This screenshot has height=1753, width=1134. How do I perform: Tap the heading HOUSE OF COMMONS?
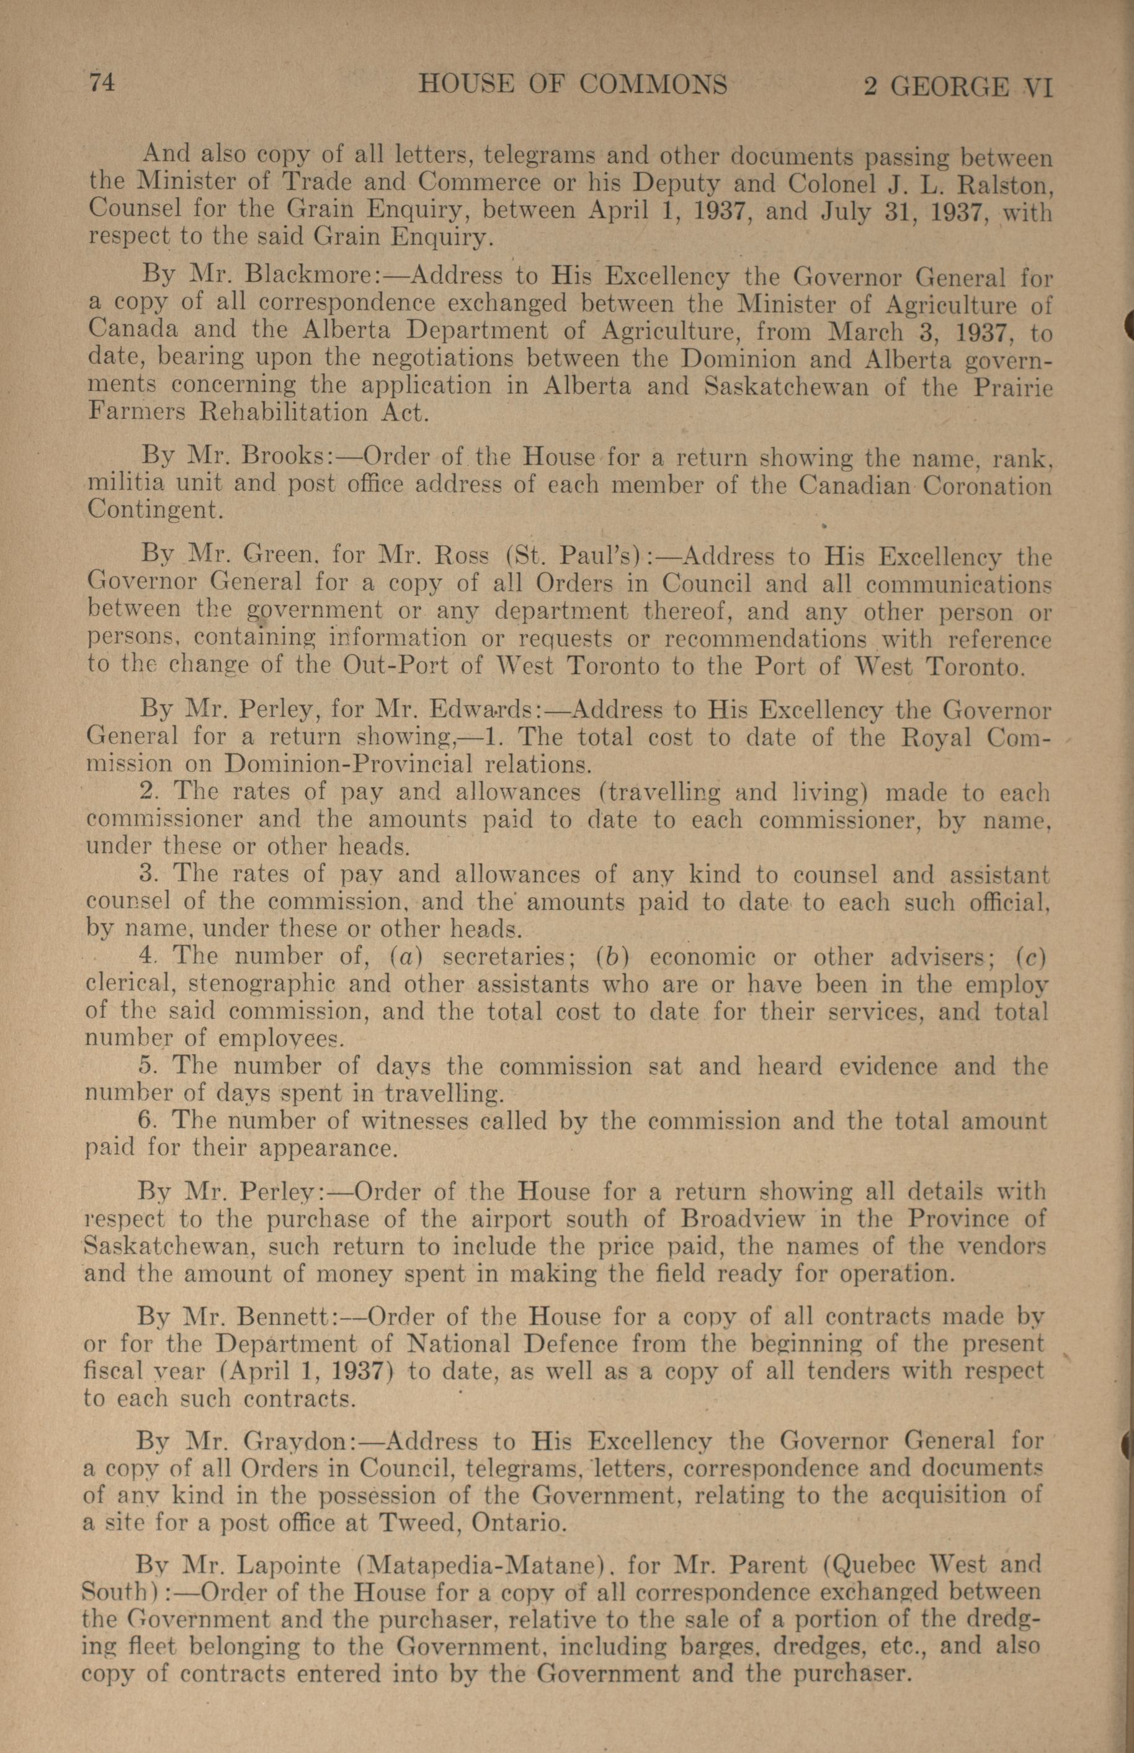click(572, 85)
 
